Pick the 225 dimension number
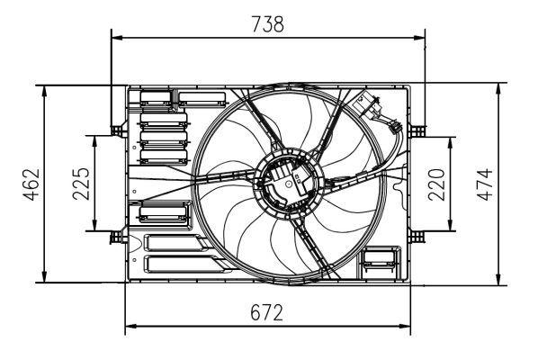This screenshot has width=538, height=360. (80, 184)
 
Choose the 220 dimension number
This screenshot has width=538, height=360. (436, 184)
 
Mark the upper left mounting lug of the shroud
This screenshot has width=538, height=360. (115, 130)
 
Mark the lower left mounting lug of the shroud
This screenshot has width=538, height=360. (115, 237)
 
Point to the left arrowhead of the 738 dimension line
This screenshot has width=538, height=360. (115, 38)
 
